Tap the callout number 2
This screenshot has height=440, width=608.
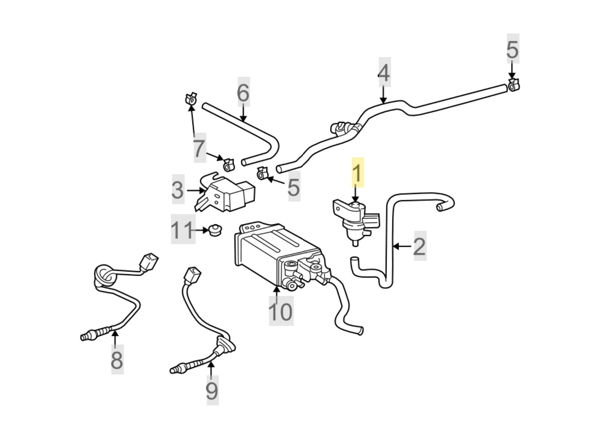tap(419, 246)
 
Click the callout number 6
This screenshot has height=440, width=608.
tap(244, 92)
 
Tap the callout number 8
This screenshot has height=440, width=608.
tap(117, 359)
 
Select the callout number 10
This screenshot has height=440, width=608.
tap(281, 311)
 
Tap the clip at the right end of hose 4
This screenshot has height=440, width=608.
tap(513, 85)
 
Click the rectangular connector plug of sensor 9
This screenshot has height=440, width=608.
tap(192, 275)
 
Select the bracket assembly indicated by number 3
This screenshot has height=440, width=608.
tap(226, 194)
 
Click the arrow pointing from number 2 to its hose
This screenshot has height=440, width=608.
tap(401, 246)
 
